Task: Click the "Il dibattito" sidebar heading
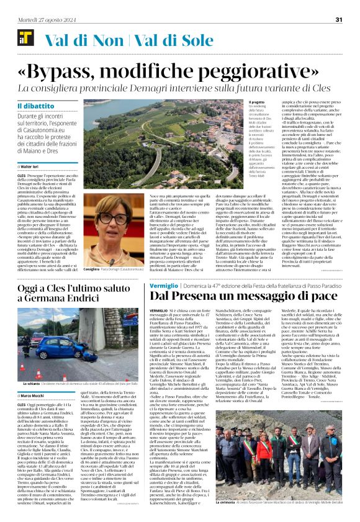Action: coord(32,107)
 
